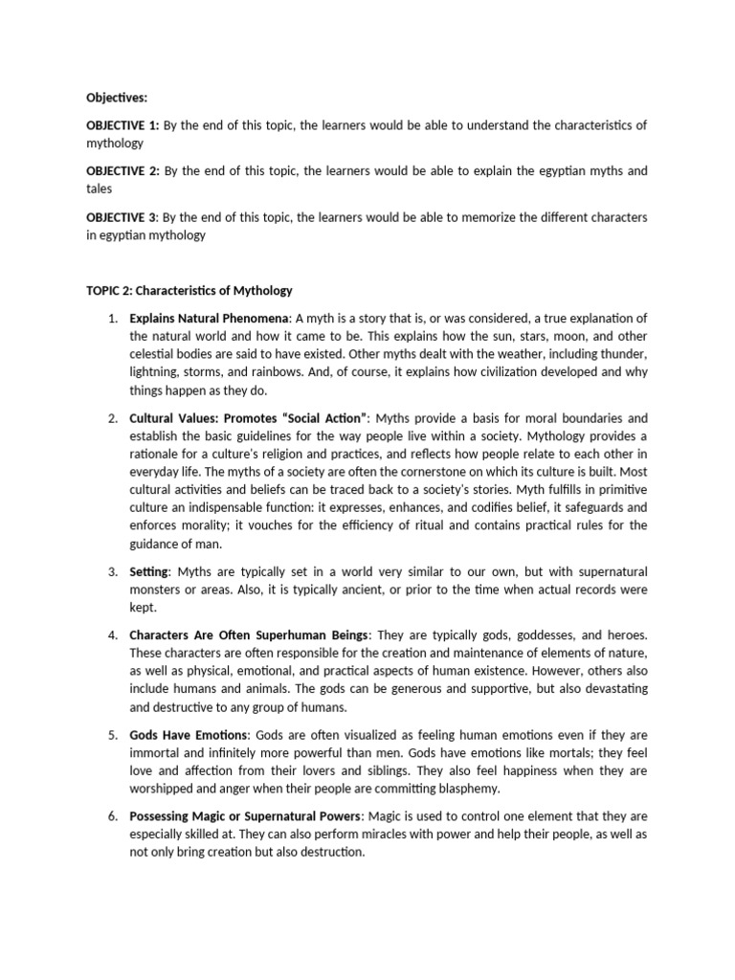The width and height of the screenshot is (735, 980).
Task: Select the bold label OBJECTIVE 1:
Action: coord(122,125)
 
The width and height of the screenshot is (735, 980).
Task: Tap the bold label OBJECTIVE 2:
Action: coord(122,171)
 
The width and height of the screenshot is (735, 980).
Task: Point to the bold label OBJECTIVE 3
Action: coord(122,217)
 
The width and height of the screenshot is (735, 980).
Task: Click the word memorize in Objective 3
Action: coord(475,217)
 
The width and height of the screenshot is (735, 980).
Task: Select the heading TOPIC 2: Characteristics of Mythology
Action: coord(189,290)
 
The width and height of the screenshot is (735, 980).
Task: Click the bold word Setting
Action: coord(150,571)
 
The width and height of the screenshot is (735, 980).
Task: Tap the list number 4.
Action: coord(112,635)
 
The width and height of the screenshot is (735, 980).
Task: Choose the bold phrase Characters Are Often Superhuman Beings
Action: coord(250,635)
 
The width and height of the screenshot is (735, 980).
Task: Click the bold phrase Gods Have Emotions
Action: coord(189,734)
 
